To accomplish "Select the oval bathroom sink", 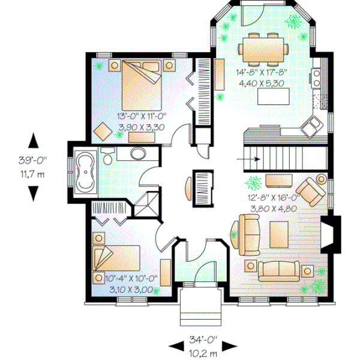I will click(x=137, y=155).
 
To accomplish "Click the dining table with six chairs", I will click(x=263, y=49).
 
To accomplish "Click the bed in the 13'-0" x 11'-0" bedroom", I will click(x=142, y=86).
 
